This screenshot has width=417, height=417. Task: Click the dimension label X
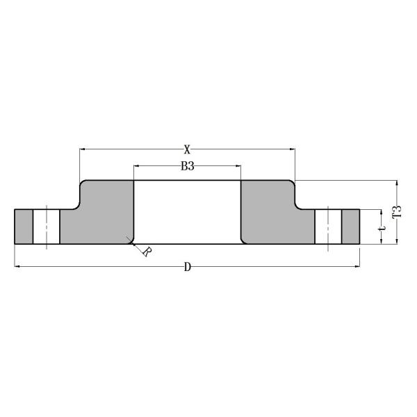pyautogui.click(x=187, y=149)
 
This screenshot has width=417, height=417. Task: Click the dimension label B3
pyautogui.click(x=187, y=166)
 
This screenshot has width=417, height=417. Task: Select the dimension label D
pyautogui.click(x=187, y=267)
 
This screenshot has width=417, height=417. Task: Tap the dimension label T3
pyautogui.click(x=398, y=212)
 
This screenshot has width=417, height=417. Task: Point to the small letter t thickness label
pyautogui.click(x=382, y=227)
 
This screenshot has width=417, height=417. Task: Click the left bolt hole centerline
pyautogui.click(x=46, y=226)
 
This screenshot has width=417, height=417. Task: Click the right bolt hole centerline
pyautogui.click(x=328, y=226)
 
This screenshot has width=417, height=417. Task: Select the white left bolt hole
pyautogui.click(x=46, y=227)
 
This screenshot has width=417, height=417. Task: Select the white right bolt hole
pyautogui.click(x=328, y=227)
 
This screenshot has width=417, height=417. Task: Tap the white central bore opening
pyautogui.click(x=187, y=212)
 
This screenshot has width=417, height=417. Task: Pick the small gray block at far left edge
pyautogui.click(x=24, y=227)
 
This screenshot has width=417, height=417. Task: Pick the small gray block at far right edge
pyautogui.click(x=350, y=227)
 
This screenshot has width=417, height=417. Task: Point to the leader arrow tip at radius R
pyautogui.click(x=129, y=239)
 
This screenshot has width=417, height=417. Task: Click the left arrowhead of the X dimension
pyautogui.click(x=83, y=149)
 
